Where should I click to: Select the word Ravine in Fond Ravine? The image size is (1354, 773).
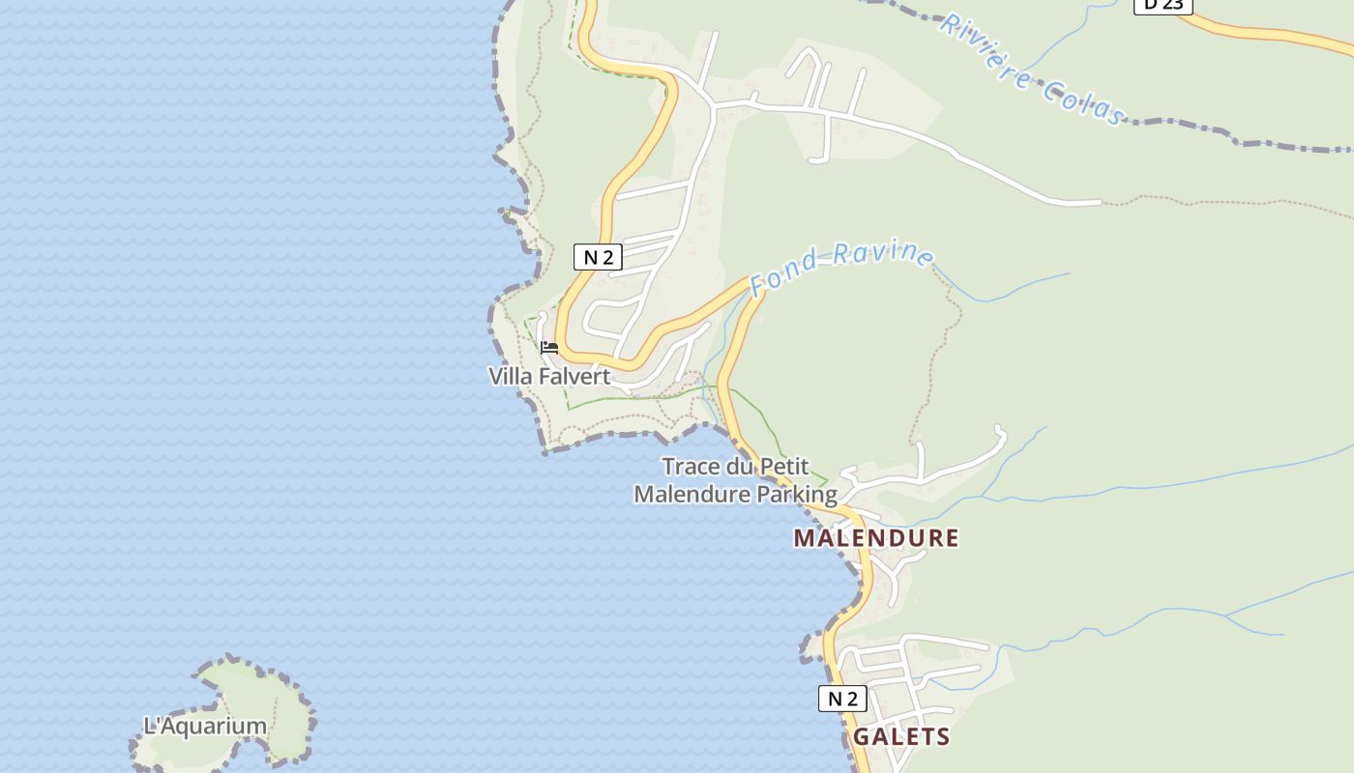click(883, 254)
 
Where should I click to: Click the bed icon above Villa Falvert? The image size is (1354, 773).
click(549, 348)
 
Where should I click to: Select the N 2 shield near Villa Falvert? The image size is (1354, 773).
click(598, 257)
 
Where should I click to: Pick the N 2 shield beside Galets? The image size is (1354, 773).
click(842, 699)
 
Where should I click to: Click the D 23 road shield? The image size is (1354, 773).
click(1163, 5)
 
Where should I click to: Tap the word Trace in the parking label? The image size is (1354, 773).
click(692, 468)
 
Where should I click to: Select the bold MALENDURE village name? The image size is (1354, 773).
click(876, 538)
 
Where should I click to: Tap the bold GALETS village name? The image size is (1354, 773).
click(901, 737)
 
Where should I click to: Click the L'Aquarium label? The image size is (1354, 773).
click(205, 726)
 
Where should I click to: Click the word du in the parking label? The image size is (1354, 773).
click(739, 468)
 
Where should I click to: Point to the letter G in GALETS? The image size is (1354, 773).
click(862, 737)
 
